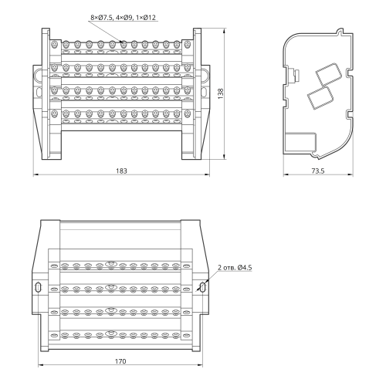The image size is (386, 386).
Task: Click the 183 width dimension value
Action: (121, 171)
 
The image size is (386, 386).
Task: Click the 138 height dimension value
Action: (221, 93)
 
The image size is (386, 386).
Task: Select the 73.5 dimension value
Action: (318, 171)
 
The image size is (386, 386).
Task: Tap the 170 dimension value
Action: (120, 361)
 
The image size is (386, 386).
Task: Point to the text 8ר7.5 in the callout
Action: (101, 18)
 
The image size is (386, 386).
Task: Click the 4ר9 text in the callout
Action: (124, 18)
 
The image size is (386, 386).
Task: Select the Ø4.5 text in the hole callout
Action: (245, 268)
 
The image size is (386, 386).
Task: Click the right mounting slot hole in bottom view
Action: (203, 287)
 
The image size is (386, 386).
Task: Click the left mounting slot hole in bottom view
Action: (38, 287)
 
